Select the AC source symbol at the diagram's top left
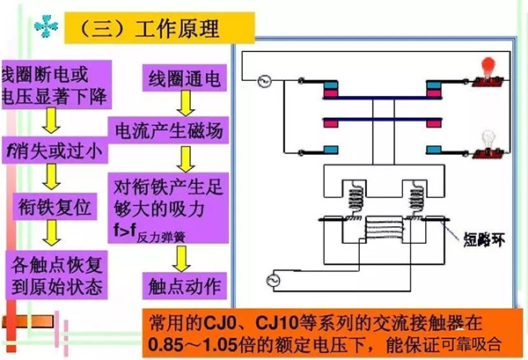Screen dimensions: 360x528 pos(261,83)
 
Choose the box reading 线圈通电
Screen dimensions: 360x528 pos(184,81)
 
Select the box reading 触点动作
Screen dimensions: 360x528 pos(184,284)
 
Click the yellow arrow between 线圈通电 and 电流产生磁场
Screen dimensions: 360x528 pos(183,107)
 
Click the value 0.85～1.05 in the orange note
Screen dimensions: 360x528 pos(194,343)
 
